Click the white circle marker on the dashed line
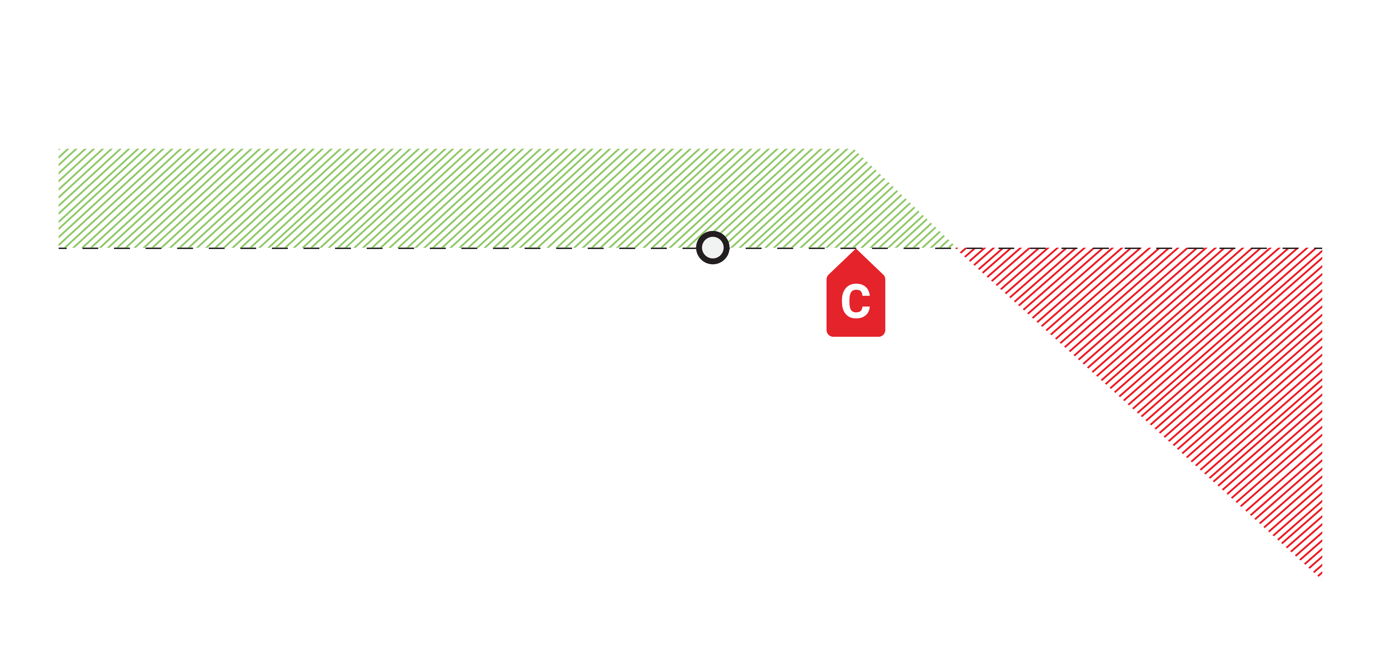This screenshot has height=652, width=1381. [713, 247]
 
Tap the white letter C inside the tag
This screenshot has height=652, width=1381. [856, 301]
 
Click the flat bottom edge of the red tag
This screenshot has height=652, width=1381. [856, 335]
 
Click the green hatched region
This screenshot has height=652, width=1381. [429, 198]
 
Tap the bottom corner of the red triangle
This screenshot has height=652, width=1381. [1321, 578]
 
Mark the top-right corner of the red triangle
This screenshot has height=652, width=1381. [1321, 249]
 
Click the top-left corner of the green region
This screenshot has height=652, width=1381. [59, 149]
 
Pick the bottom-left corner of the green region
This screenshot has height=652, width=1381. [59, 247]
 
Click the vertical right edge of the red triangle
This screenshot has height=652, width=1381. [1321, 413]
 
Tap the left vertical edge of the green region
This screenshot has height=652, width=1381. [59, 198]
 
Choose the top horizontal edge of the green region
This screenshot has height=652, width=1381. [456, 149]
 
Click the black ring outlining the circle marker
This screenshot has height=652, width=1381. [713, 233]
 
